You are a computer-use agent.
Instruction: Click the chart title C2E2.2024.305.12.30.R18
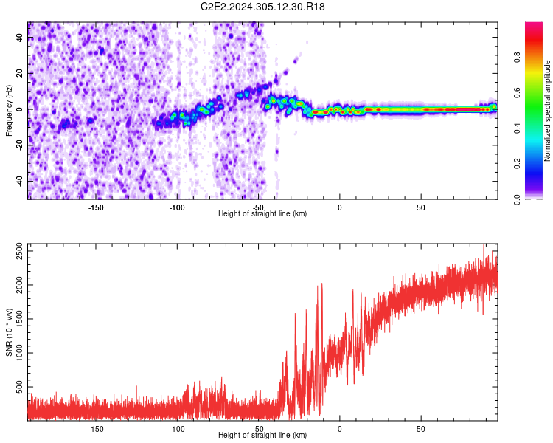[x=262, y=7]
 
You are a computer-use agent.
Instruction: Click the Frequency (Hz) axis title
[x=9, y=111]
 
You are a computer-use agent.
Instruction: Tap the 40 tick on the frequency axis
[x=20, y=38]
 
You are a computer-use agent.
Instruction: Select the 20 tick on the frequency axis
[x=20, y=74]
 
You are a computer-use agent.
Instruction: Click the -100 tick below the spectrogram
[x=177, y=207]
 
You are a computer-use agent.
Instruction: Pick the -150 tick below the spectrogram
[x=96, y=207]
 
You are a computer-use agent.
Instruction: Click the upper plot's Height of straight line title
[x=262, y=214]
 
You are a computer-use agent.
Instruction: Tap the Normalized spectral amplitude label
[x=547, y=111]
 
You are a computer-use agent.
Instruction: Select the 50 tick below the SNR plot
[x=420, y=429]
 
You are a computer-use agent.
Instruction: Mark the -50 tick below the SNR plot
[x=258, y=429]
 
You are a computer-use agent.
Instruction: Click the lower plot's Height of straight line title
[x=262, y=436]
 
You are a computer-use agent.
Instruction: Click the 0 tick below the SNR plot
[x=340, y=429]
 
